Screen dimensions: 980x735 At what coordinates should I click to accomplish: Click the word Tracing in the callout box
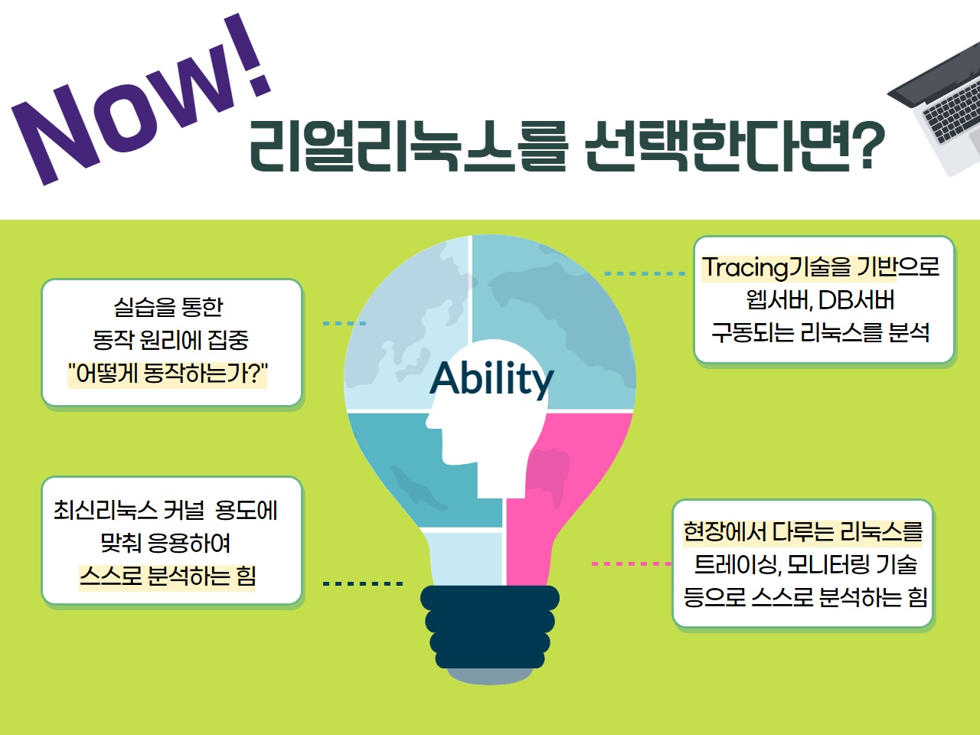tap(745, 268)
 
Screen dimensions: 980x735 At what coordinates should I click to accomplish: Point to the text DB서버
tap(856, 300)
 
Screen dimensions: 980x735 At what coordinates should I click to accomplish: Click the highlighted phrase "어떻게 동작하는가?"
tap(168, 373)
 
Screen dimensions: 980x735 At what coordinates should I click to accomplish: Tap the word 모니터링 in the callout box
tap(828, 564)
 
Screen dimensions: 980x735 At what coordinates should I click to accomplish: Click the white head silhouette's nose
tap(430, 421)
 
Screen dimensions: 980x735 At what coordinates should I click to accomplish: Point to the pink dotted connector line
tap(631, 564)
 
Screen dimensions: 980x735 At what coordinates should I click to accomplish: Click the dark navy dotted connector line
tap(363, 583)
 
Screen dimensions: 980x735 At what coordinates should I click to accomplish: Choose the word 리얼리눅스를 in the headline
tap(409, 146)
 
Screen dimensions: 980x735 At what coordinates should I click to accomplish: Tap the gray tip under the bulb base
tap(490, 676)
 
